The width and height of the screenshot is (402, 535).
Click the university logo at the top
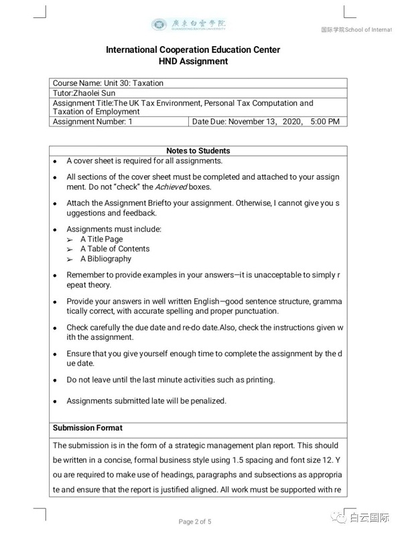188,25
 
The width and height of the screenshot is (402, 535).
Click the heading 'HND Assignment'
193,62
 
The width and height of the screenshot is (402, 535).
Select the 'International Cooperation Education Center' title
193,50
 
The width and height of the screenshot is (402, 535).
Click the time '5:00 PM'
325,122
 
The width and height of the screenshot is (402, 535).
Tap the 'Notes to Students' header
198,151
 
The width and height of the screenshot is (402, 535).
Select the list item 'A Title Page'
101,239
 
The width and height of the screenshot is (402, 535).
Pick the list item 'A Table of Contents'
115,249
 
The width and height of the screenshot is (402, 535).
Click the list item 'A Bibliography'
106,259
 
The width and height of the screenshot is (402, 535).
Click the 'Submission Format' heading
88,427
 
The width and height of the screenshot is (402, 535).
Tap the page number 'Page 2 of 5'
194,522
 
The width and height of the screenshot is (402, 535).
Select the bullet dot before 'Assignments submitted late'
56,401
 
